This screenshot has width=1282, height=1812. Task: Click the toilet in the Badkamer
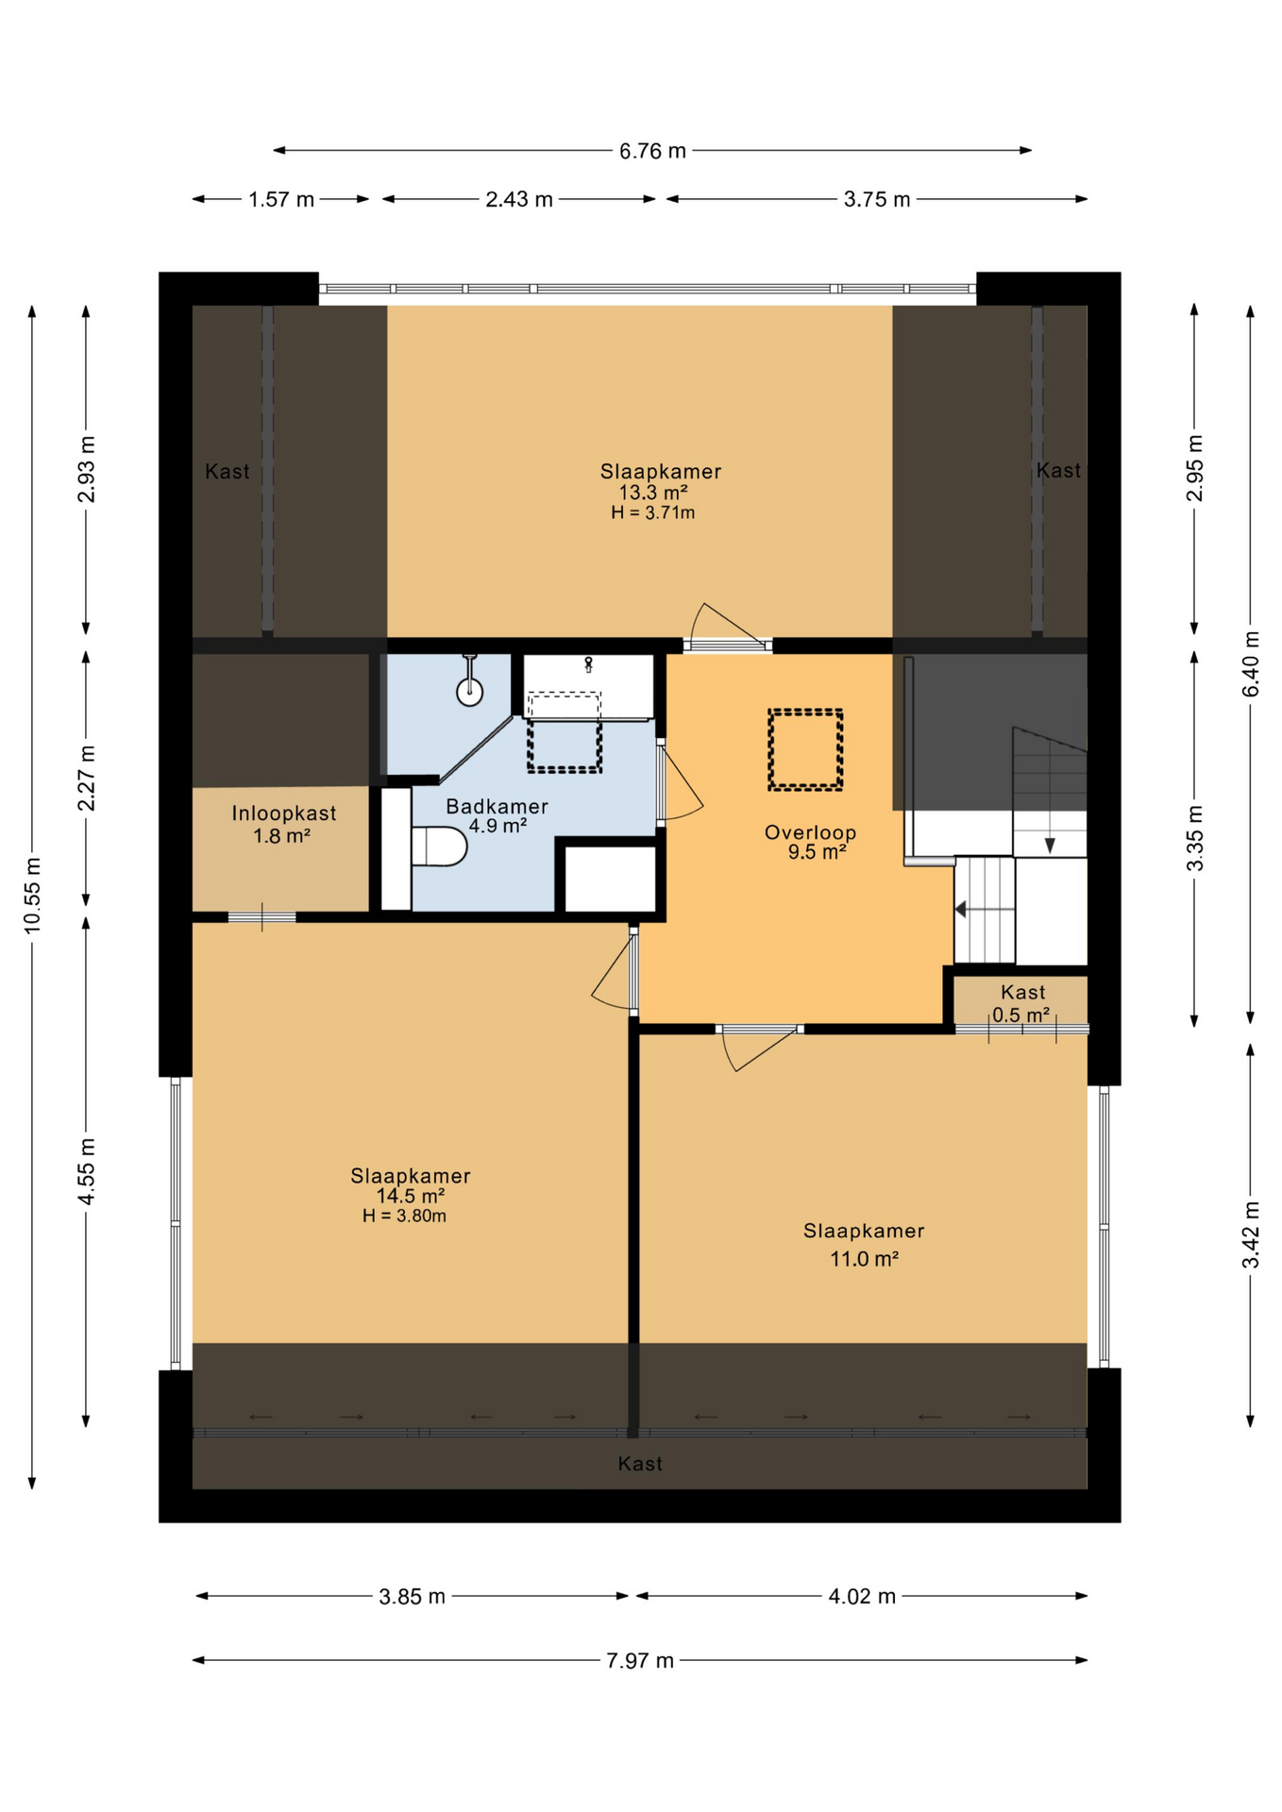(440, 847)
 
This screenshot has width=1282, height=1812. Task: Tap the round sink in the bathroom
(470, 692)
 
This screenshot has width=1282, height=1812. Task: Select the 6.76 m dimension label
(652, 151)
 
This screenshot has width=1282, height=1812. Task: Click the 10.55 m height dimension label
(33, 895)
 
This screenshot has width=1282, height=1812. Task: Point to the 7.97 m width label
(640, 1660)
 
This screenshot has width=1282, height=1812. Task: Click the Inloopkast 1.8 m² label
(283, 824)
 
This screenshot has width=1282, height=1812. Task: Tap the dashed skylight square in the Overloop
(805, 749)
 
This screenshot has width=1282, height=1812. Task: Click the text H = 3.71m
(653, 513)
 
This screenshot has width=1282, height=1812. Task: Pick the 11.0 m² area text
(864, 1258)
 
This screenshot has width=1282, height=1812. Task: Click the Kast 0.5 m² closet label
(1021, 1003)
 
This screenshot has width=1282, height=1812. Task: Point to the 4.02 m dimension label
(862, 1596)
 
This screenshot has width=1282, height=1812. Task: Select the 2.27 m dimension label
(87, 778)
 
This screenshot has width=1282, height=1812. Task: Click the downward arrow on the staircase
(1050, 845)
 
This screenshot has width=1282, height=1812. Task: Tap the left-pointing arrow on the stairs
(961, 910)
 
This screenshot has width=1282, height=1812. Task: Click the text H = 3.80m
(404, 1216)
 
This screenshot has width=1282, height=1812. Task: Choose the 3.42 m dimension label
(1251, 1234)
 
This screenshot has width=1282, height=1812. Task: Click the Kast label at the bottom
(640, 1464)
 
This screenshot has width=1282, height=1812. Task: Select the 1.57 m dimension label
(281, 200)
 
